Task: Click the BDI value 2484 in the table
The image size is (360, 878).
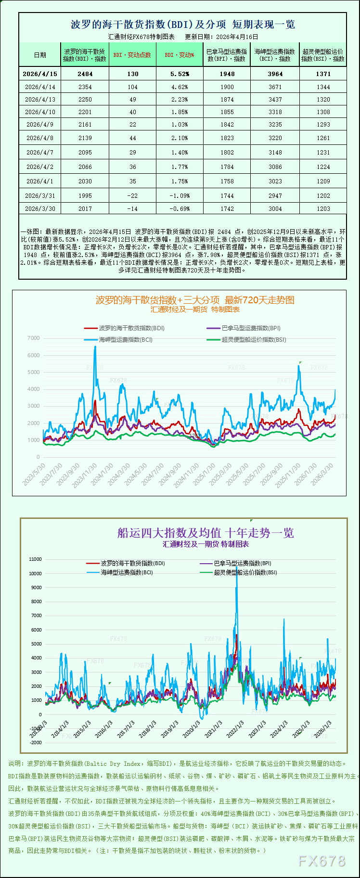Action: click(85, 74)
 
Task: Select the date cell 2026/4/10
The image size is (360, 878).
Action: click(40, 112)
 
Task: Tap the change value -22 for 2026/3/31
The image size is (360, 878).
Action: click(132, 196)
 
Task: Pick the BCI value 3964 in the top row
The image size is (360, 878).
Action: click(275, 74)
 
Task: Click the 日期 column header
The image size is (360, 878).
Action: click(40, 55)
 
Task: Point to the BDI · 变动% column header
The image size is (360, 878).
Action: click(180, 55)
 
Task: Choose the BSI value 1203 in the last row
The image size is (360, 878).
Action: click(323, 209)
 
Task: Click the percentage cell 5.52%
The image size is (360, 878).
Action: click(180, 74)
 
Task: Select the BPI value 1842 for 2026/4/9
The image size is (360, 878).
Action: click(227, 125)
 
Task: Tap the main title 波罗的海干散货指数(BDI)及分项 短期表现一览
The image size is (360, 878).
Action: click(183, 25)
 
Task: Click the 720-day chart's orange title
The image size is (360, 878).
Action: click(195, 300)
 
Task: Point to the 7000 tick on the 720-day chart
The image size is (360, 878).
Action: click(34, 338)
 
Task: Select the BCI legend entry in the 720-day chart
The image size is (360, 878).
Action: click(125, 340)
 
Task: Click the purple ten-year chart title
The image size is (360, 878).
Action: click(206, 533)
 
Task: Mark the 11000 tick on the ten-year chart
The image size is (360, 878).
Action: click(36, 559)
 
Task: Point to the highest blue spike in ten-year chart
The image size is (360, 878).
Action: click(236, 570)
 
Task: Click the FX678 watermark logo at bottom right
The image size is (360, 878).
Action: click(322, 861)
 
